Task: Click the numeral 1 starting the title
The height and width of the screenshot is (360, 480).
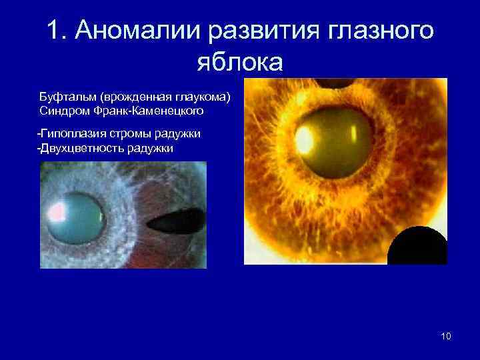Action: [x=55, y=30]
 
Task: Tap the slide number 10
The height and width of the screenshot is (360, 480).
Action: [x=446, y=336]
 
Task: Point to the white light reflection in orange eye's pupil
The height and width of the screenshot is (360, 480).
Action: [x=305, y=138]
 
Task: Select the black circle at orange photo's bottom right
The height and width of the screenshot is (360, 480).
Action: [x=417, y=246]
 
